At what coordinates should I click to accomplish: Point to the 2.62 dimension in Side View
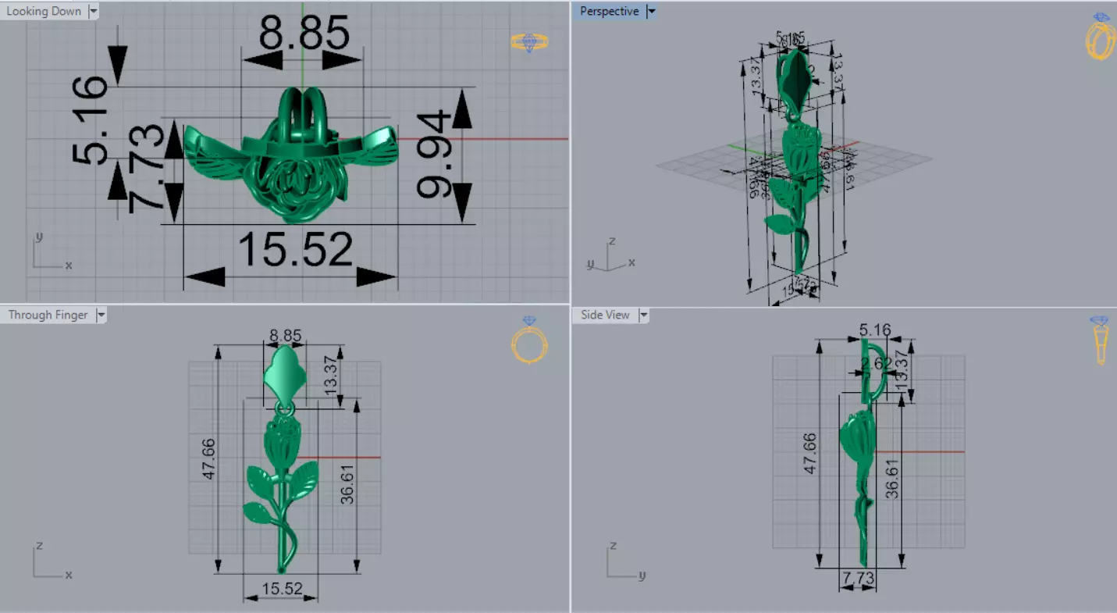click(x=877, y=362)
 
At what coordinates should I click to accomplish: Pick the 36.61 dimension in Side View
click(x=891, y=478)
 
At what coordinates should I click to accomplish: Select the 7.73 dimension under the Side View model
click(x=856, y=579)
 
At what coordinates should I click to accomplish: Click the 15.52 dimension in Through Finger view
click(x=282, y=588)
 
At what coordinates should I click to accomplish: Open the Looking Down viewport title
click(x=44, y=11)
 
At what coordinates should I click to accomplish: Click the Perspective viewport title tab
click(x=609, y=11)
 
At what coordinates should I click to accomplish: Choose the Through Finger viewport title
click(x=48, y=315)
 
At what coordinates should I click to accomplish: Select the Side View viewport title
click(x=605, y=315)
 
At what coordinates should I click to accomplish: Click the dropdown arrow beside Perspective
click(x=651, y=11)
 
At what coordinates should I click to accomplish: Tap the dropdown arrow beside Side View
click(x=643, y=315)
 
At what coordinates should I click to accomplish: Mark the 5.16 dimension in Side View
click(x=875, y=331)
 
